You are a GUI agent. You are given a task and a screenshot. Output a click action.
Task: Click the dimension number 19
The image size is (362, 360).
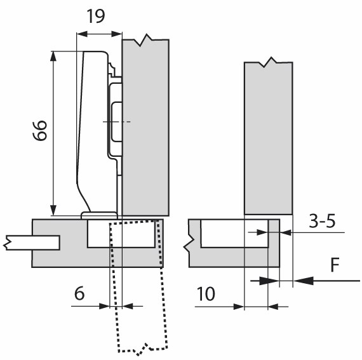[x=96, y=16]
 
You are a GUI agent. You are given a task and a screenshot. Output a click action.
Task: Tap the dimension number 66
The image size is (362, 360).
[x=40, y=130]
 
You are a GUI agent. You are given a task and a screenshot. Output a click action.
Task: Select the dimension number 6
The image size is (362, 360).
[x=79, y=293]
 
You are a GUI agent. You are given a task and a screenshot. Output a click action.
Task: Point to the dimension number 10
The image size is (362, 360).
[x=206, y=294]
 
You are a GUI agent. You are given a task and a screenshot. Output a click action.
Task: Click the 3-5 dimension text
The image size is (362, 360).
[x=322, y=221]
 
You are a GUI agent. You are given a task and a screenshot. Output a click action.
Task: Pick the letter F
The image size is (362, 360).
[x=335, y=265]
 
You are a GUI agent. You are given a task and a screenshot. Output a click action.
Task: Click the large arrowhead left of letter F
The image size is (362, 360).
[x=304, y=281]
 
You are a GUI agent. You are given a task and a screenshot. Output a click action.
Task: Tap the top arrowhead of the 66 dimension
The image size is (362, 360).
[x=53, y=56]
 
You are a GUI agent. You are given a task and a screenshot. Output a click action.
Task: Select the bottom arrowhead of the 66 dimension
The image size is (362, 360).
[x=53, y=210]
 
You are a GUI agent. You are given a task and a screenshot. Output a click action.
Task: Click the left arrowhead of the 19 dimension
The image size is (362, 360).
[x=82, y=34]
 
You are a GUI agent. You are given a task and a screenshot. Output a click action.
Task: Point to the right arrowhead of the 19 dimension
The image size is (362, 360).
[x=117, y=34]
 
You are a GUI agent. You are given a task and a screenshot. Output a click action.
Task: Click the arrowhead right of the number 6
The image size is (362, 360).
[x=128, y=306]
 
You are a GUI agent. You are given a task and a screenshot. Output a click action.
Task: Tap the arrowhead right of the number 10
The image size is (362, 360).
[x=273, y=307]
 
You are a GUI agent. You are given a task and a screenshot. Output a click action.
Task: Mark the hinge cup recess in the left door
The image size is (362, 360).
[x=121, y=234]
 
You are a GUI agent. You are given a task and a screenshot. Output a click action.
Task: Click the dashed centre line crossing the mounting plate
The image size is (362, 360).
[x=117, y=122]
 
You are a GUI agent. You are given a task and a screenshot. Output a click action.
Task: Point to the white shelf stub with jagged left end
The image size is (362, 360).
[x=32, y=243]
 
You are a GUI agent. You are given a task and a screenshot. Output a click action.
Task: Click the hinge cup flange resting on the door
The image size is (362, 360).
[x=100, y=215]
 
